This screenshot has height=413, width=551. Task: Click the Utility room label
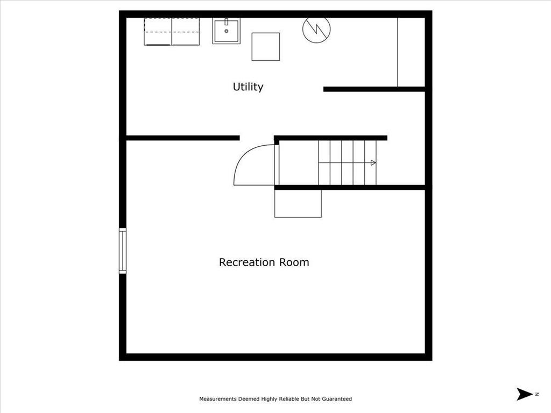point(248,87)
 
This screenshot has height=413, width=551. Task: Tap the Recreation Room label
point(264,262)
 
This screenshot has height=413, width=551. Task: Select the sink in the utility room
point(227,31)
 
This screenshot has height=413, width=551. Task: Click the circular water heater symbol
point(316,29)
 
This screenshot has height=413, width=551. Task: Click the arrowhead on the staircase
point(373,162)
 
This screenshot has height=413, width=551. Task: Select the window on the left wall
point(123,251)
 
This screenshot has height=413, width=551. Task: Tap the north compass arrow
point(524,394)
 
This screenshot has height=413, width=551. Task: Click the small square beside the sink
point(266,46)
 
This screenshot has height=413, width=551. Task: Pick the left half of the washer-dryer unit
point(158,32)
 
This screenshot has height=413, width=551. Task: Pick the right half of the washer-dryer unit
point(186,32)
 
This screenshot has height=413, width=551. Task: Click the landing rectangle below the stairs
point(298,204)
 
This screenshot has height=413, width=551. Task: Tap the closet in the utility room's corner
point(411,52)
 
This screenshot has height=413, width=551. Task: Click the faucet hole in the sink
point(227,31)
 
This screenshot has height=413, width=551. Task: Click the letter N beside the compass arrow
point(536,394)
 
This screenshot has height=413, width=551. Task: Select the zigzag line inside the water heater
point(316,29)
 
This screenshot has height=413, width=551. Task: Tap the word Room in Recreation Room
point(294,262)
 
